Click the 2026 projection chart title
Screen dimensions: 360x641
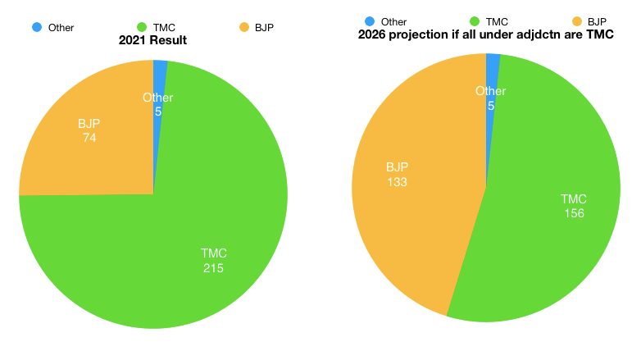(x=487, y=35)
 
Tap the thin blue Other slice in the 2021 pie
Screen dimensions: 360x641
(x=161, y=74)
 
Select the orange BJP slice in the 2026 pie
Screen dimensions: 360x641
(x=402, y=213)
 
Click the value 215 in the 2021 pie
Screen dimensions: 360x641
(x=214, y=267)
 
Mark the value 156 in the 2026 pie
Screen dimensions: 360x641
(x=574, y=213)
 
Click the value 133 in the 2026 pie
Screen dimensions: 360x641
(x=397, y=181)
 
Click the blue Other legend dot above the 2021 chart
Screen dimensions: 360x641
(x=37, y=27)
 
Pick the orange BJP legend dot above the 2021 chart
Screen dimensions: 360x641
(x=243, y=27)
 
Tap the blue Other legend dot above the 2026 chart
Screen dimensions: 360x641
(x=370, y=21)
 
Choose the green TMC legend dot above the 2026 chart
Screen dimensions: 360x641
(x=475, y=21)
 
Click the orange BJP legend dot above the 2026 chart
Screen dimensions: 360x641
(x=576, y=21)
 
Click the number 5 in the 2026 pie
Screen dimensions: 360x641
(x=491, y=106)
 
